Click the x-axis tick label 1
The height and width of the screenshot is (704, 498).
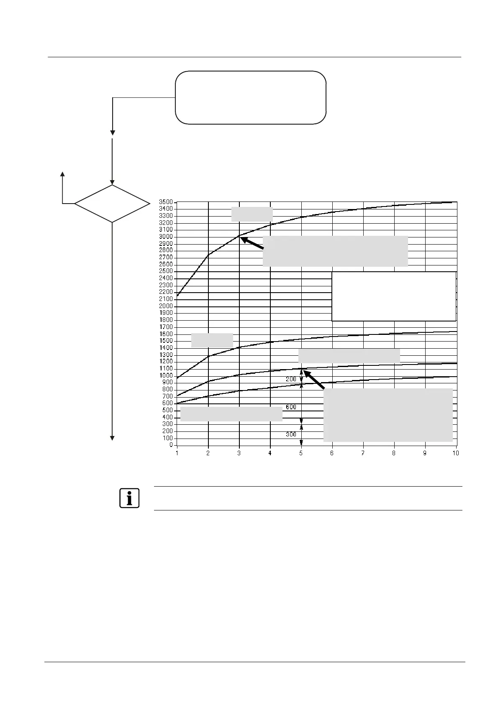pos(177,453)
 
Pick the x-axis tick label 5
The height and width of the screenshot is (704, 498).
pos(301,453)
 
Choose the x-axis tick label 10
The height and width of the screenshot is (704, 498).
pos(456,453)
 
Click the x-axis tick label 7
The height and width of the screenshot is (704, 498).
pos(363,453)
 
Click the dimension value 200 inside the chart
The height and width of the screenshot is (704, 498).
pos(291,379)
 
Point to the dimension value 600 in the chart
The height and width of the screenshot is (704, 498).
pos(291,407)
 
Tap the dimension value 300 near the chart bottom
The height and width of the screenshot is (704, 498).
pos(291,434)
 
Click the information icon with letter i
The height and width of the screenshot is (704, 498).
pos(129,498)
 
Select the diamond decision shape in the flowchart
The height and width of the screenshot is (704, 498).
pos(112,204)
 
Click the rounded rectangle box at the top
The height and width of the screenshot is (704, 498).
pos(250,97)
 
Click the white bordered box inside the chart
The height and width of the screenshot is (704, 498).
pos(393,296)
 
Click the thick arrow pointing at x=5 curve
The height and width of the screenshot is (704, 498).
pos(313,379)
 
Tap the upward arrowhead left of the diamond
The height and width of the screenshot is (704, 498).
pos(63,174)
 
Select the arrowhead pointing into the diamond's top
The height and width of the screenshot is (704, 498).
pos(112,182)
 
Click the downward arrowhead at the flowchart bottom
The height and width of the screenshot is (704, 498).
pos(112,438)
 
